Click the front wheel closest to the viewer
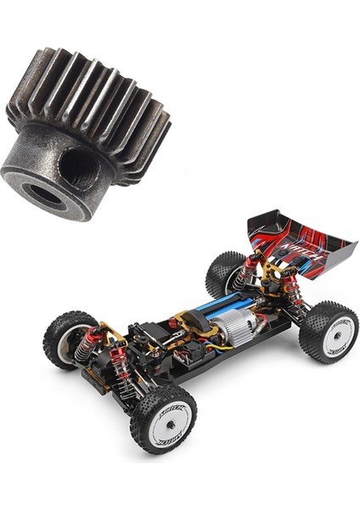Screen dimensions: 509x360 click(x=163, y=417)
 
